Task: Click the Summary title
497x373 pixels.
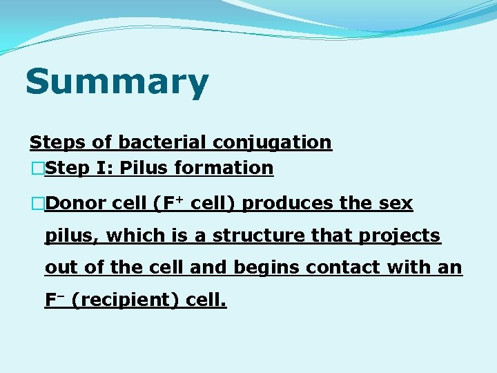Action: [117, 82]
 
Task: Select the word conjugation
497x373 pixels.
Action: [272, 142]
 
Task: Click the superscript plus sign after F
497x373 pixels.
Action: [178, 199]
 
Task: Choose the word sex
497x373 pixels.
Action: [396, 204]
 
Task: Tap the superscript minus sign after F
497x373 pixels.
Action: [61, 295]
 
